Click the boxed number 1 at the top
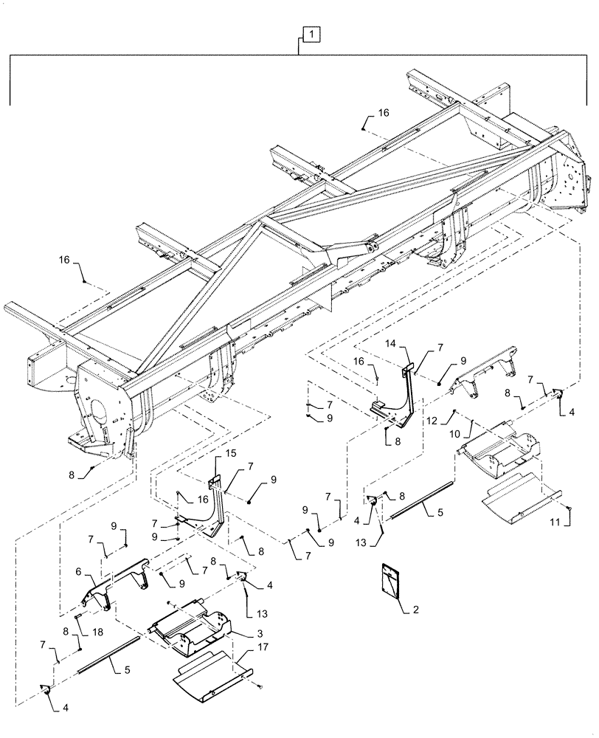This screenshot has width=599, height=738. (x=311, y=34)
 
